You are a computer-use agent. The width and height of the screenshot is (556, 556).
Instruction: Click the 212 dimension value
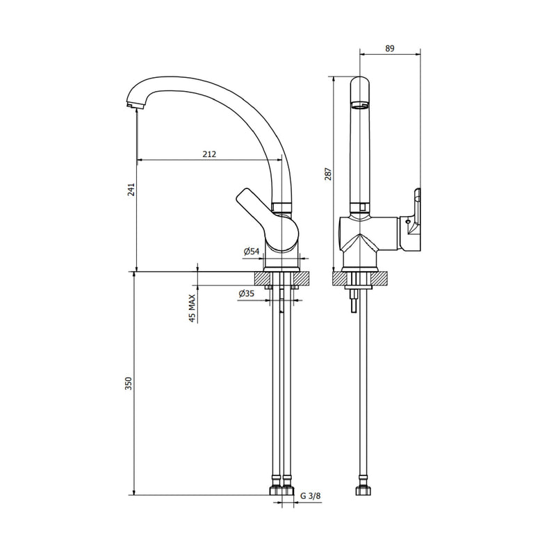tap(209, 154)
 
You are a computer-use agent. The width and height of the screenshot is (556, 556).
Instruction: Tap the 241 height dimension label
tap(131, 190)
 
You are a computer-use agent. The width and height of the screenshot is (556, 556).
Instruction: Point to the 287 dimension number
tap(328, 174)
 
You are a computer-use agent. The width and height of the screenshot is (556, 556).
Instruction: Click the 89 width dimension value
tap(390, 48)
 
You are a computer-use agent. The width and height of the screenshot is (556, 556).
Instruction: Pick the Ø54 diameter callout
tap(252, 252)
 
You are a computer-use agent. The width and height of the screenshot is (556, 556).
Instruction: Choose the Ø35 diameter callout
tap(247, 293)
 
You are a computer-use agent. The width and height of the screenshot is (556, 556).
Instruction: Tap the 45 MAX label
tap(193, 308)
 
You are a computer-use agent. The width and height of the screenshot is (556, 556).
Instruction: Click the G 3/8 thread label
tap(311, 496)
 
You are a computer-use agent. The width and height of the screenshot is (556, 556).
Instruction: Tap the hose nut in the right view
tap(363, 490)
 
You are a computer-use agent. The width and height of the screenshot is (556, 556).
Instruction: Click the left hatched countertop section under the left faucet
tap(259, 279)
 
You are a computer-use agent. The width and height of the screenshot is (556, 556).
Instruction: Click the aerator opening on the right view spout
tap(360, 106)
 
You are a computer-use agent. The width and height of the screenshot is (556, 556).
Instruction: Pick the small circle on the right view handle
tap(407, 222)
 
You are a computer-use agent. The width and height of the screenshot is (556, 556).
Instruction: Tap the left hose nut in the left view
tap(276, 490)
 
